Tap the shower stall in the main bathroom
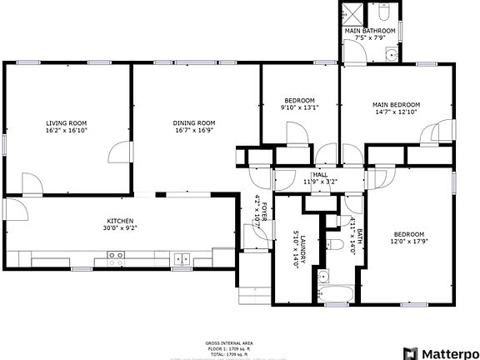pyautogui.click(x=353, y=14)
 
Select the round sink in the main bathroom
pyautogui.click(x=390, y=57)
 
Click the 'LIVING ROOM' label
pyautogui.click(x=67, y=122)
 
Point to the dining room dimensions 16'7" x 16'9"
pyautogui.click(x=193, y=130)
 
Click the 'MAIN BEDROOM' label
pyautogui.click(x=395, y=105)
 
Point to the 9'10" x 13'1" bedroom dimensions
pyautogui.click(x=299, y=107)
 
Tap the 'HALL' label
pyautogui.click(x=319, y=174)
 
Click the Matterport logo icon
pyautogui.click(x=410, y=352)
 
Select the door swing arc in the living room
pyautogui.click(x=122, y=152)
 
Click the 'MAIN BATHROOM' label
pyautogui.click(x=369, y=31)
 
